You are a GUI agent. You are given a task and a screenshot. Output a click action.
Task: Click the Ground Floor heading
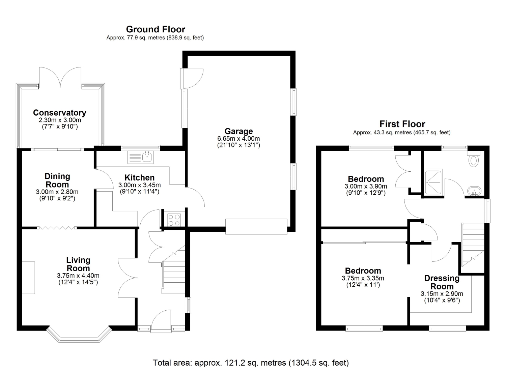coord(156,29)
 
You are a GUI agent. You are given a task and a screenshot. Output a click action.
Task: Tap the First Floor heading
coord(402,124)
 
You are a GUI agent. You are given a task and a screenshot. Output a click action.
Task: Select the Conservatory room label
coord(60,113)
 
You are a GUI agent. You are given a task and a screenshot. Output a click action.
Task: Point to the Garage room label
coord(239,131)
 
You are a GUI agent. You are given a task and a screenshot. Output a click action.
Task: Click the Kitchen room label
coord(140,177)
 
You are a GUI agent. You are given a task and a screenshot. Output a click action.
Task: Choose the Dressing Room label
coord(442,282)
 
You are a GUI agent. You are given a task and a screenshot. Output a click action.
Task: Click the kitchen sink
coord(141,157)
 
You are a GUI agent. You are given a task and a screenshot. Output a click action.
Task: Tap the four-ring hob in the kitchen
coord(174,220)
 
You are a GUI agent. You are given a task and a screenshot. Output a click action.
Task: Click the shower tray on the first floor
coord(433,182)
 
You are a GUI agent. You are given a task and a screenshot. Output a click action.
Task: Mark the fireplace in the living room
coord(28,278)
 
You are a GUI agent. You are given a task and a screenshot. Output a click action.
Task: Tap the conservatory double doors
coord(60,77)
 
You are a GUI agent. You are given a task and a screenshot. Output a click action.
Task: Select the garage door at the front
coord(256,227)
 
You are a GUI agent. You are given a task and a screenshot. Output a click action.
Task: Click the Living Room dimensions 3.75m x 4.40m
coord(78,276)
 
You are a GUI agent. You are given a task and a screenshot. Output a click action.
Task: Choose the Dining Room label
coord(57,180)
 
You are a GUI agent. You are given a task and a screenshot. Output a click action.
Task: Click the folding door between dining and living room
coord(57,228)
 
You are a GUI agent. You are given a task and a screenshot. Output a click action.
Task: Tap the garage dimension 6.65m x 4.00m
coord(238,139)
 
